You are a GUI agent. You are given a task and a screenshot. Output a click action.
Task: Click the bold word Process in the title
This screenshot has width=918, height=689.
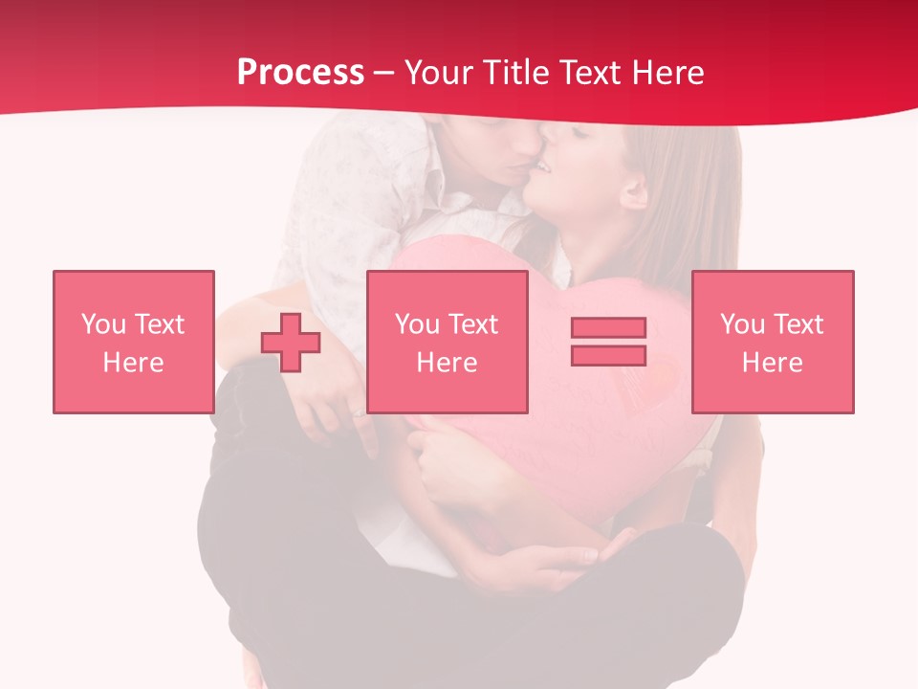pyautogui.click(x=300, y=73)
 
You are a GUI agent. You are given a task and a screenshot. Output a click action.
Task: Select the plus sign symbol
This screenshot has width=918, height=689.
pyautogui.click(x=291, y=342)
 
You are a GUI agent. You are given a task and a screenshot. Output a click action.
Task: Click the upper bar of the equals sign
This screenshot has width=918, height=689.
pyautogui.click(x=608, y=327)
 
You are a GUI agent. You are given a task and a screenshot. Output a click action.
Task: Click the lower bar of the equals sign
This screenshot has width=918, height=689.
pyautogui.click(x=608, y=355)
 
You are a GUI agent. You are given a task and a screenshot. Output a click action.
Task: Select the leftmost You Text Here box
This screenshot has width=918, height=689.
pyautogui.click(x=134, y=342)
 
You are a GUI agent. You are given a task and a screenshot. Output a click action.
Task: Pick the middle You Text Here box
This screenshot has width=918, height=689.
pyautogui.click(x=447, y=342)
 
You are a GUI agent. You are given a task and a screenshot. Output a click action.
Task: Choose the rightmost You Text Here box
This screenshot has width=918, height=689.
pyautogui.click(x=773, y=342)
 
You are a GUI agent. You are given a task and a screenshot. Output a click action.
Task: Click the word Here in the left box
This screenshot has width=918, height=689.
pyautogui.click(x=133, y=363)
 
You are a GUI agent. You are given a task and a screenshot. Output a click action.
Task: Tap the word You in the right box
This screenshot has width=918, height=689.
pyautogui.click(x=741, y=324)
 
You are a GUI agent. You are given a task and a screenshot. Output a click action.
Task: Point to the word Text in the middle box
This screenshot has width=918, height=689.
pyautogui.click(x=473, y=324)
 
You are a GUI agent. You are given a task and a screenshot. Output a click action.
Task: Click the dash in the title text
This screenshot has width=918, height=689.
pyautogui.click(x=384, y=73)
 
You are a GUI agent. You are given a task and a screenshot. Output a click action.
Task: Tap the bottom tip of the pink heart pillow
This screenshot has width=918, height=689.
pyautogui.click(x=588, y=522)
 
